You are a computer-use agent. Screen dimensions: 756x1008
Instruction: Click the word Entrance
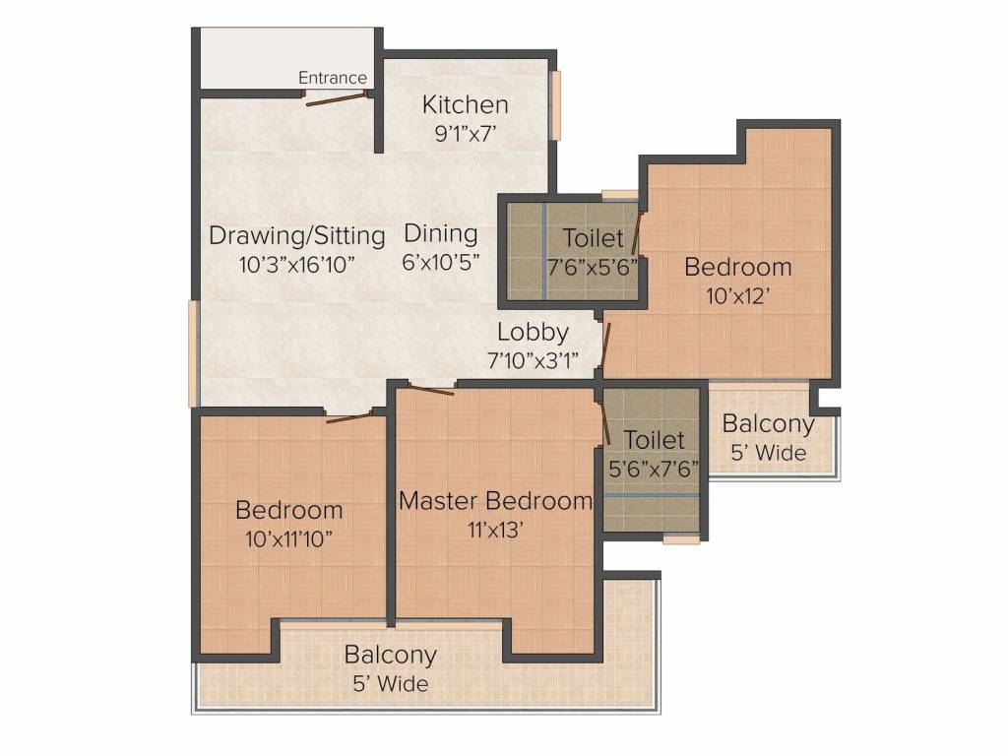[333, 78]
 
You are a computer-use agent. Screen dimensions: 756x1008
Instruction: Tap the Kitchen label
[465, 104]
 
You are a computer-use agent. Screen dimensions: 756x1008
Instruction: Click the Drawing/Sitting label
[296, 236]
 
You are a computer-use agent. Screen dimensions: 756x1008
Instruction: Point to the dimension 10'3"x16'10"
[296, 264]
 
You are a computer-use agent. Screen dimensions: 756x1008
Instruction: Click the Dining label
[441, 234]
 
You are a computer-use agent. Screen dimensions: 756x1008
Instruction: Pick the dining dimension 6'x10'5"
[441, 263]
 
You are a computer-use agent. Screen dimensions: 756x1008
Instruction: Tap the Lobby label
[533, 332]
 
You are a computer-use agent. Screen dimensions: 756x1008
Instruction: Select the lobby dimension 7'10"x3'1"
[533, 359]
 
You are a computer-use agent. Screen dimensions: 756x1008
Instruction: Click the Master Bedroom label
[496, 500]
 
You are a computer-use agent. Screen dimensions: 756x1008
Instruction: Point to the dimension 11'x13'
[496, 529]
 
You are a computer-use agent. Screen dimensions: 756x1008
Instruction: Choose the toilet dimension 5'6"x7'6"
[654, 468]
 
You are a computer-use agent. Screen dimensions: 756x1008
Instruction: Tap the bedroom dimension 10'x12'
[738, 294]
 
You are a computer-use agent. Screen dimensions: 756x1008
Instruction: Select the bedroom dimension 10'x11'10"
[289, 538]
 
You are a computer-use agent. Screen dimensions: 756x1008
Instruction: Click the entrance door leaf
[336, 98]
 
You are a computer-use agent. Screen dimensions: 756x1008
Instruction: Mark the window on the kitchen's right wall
[555, 105]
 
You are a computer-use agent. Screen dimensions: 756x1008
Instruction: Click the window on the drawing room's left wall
[193, 352]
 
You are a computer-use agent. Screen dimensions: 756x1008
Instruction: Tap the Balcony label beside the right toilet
[769, 424]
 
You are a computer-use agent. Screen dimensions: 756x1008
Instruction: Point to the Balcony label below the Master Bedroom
[390, 655]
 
